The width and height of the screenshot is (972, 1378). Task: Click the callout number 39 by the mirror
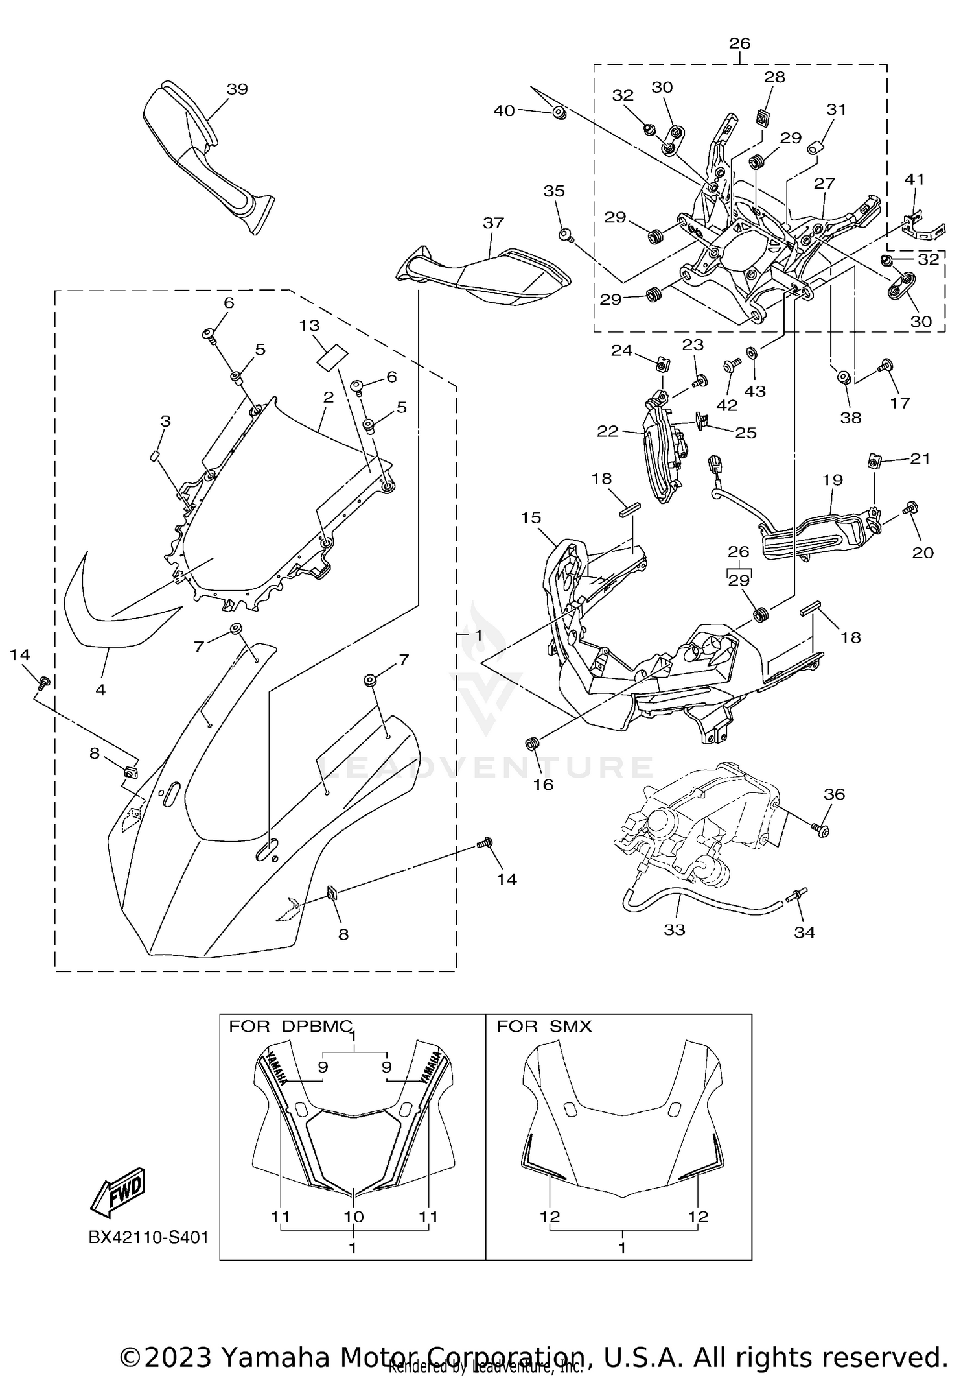(237, 89)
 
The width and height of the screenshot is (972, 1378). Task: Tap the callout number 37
(493, 222)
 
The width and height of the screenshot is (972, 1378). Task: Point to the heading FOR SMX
(544, 1027)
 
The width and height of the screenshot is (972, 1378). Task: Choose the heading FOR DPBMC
(290, 1027)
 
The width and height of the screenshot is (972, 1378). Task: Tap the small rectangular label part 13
(332, 357)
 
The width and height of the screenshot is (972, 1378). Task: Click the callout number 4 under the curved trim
(100, 690)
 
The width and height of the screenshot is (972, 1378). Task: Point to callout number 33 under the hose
(674, 930)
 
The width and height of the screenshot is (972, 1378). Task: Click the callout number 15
(530, 517)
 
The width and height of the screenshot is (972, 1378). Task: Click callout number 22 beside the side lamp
(607, 431)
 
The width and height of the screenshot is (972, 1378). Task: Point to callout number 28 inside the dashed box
(774, 77)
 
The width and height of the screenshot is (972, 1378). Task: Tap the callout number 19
(832, 480)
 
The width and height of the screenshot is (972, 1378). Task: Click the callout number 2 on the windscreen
(329, 397)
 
